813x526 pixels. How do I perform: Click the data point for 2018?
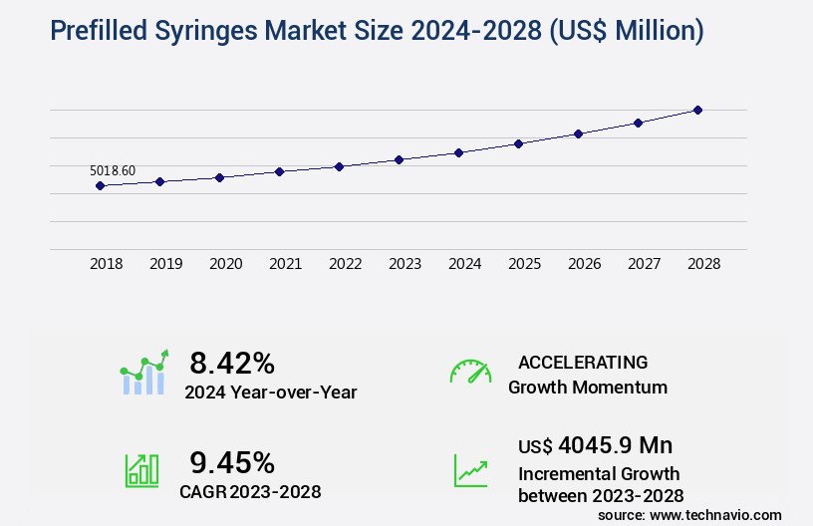100,185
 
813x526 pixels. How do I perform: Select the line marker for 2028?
697,110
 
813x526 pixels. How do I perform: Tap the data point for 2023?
399,159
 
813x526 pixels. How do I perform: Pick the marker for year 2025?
518,143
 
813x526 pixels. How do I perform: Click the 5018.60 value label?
113,170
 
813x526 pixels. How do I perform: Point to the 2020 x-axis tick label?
226,265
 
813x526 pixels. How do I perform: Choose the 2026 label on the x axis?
585,265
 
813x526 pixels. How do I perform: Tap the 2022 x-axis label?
346,265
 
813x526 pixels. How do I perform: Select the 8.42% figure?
232,362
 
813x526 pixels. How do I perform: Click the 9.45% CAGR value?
232,462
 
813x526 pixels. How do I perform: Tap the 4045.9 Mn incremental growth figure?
600,444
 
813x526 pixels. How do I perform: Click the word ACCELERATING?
583,363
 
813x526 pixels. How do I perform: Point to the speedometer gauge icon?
470,372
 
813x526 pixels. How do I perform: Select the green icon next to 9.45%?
141,470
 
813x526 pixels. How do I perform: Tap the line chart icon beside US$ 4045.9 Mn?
470,470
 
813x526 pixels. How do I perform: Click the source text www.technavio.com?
714,515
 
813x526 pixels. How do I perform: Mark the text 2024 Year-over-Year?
270,393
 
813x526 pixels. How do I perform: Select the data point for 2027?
638,123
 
